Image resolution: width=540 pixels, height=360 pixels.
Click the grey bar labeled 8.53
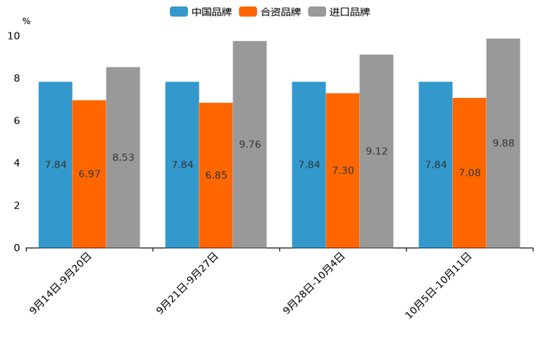(123, 157)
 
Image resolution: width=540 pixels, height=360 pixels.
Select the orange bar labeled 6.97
(89, 173)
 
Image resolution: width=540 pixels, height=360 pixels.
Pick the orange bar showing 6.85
(216, 175)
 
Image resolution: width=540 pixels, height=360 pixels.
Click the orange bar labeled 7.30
(343, 170)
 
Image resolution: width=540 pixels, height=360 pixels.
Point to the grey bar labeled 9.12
(376, 151)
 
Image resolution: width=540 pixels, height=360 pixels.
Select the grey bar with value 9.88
(503, 143)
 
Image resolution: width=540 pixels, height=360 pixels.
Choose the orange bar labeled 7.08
(469, 173)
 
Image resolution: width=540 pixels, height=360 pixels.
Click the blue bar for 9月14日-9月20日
(55, 164)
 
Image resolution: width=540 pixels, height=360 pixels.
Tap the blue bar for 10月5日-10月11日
(435, 164)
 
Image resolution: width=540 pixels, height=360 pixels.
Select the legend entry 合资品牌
(269, 12)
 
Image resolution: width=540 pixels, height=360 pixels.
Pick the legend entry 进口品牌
(339, 12)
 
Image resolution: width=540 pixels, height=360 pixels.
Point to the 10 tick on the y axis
(14, 36)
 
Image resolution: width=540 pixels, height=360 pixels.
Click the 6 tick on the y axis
(17, 120)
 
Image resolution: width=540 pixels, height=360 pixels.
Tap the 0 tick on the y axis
(17, 248)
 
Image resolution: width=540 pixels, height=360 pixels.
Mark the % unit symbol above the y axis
(26, 21)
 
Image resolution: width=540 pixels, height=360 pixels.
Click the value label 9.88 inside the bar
(503, 143)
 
